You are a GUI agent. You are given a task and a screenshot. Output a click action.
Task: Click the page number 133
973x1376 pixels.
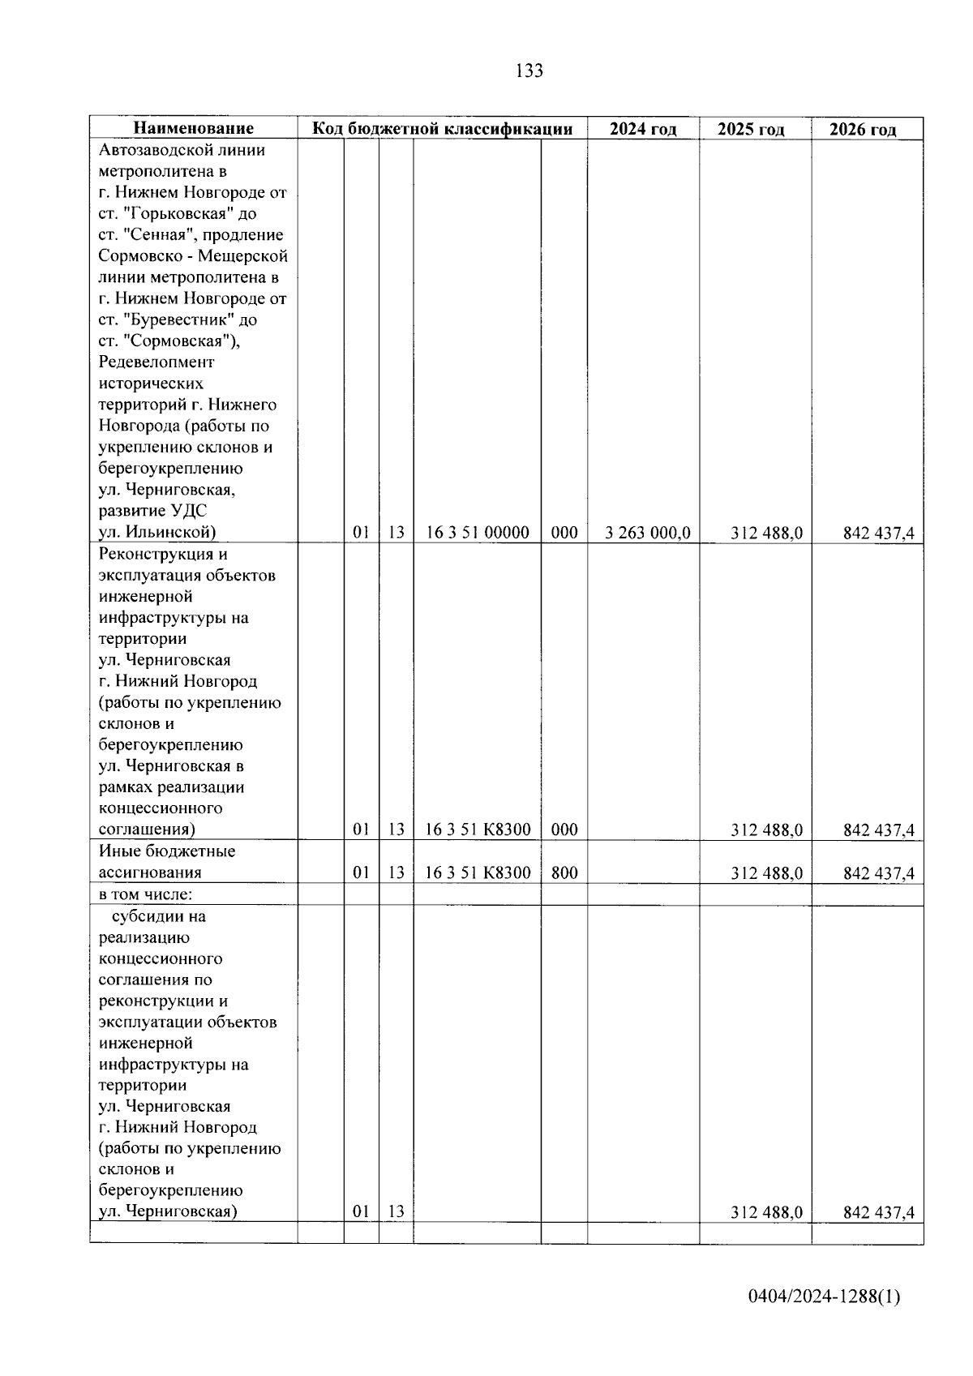coord(529,71)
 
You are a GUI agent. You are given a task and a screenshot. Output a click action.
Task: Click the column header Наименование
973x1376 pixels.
coord(193,129)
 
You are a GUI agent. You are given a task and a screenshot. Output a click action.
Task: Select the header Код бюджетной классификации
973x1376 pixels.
coord(443,129)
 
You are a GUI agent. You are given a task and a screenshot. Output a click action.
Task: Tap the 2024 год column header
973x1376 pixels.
coord(643,130)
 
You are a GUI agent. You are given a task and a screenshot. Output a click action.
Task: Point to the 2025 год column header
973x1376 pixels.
coord(751,130)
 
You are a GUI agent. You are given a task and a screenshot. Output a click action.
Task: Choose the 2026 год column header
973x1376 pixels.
coord(863,130)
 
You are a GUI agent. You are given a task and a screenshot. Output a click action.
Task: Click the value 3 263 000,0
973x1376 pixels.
coord(648,533)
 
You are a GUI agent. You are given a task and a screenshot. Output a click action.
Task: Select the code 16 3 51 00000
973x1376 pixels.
coord(478,533)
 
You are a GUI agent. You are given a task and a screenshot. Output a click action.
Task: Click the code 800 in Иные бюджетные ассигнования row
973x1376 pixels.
coord(564,872)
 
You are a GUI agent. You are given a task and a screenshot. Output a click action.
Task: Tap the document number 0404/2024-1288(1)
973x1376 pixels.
coord(824,1297)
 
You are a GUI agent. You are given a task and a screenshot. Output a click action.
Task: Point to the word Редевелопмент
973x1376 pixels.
coord(156,362)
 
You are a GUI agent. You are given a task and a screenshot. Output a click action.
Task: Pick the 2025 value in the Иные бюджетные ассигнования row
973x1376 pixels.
coord(766,873)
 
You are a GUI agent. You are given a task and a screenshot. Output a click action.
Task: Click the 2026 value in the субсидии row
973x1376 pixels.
coord(879,1212)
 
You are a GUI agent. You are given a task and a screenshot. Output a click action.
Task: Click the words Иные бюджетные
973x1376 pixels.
coord(167,851)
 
